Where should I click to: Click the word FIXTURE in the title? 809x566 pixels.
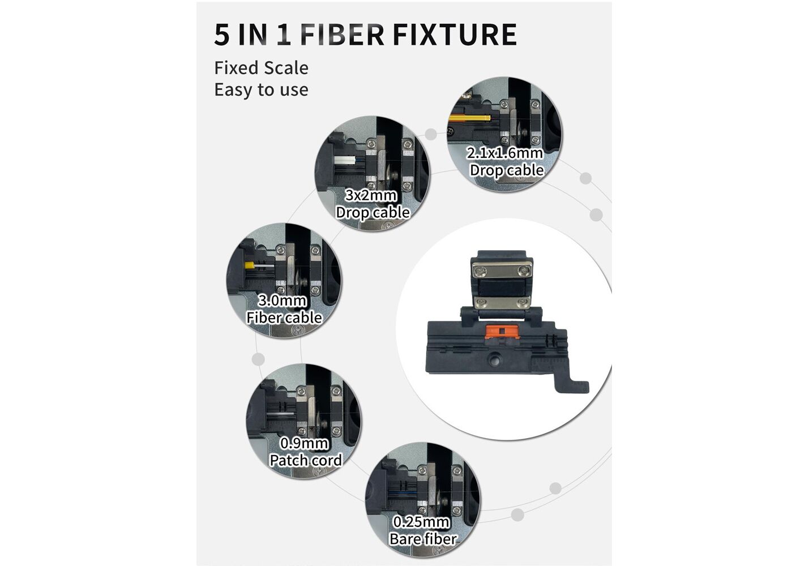tap(455, 35)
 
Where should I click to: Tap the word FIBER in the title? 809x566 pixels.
tap(342, 35)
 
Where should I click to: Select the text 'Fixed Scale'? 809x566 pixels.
tap(261, 68)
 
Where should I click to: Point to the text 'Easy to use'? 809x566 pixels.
tap(261, 89)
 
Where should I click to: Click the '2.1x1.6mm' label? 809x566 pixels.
tap(504, 153)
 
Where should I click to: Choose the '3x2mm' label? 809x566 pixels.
tap(371, 195)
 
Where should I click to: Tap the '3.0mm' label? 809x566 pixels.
tap(282, 301)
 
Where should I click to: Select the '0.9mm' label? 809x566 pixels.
tap(305, 443)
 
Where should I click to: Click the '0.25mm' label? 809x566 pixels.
tap(421, 522)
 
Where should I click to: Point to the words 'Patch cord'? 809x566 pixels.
tap(306, 461)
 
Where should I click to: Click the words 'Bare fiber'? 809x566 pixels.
tap(423, 539)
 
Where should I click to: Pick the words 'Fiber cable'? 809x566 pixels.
tap(284, 318)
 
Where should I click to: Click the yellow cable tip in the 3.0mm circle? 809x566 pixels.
tap(249, 265)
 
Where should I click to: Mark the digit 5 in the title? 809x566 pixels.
tap(221, 35)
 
